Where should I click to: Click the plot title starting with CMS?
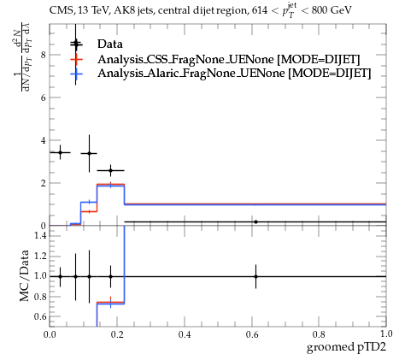click(x=201, y=10)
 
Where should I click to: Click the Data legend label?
click(x=110, y=44)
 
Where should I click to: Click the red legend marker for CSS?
click(x=76, y=59)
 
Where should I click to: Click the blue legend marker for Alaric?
click(x=76, y=74)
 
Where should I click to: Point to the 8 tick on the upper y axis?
click(x=44, y=55)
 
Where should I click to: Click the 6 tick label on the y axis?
click(x=44, y=97)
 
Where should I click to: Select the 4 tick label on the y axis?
click(x=44, y=140)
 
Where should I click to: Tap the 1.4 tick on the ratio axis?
click(x=40, y=235)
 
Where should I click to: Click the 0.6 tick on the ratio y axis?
click(x=40, y=316)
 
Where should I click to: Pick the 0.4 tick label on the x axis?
click(x=185, y=334)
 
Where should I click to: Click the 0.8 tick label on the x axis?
click(x=319, y=334)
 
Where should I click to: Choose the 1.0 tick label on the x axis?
click(x=386, y=333)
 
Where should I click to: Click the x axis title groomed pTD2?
click(x=346, y=347)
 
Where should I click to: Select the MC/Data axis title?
click(x=25, y=275)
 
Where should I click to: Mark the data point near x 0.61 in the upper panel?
click(x=255, y=221)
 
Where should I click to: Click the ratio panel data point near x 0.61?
click(x=255, y=276)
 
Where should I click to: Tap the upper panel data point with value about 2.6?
click(x=110, y=171)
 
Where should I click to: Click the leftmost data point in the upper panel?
click(x=60, y=152)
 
